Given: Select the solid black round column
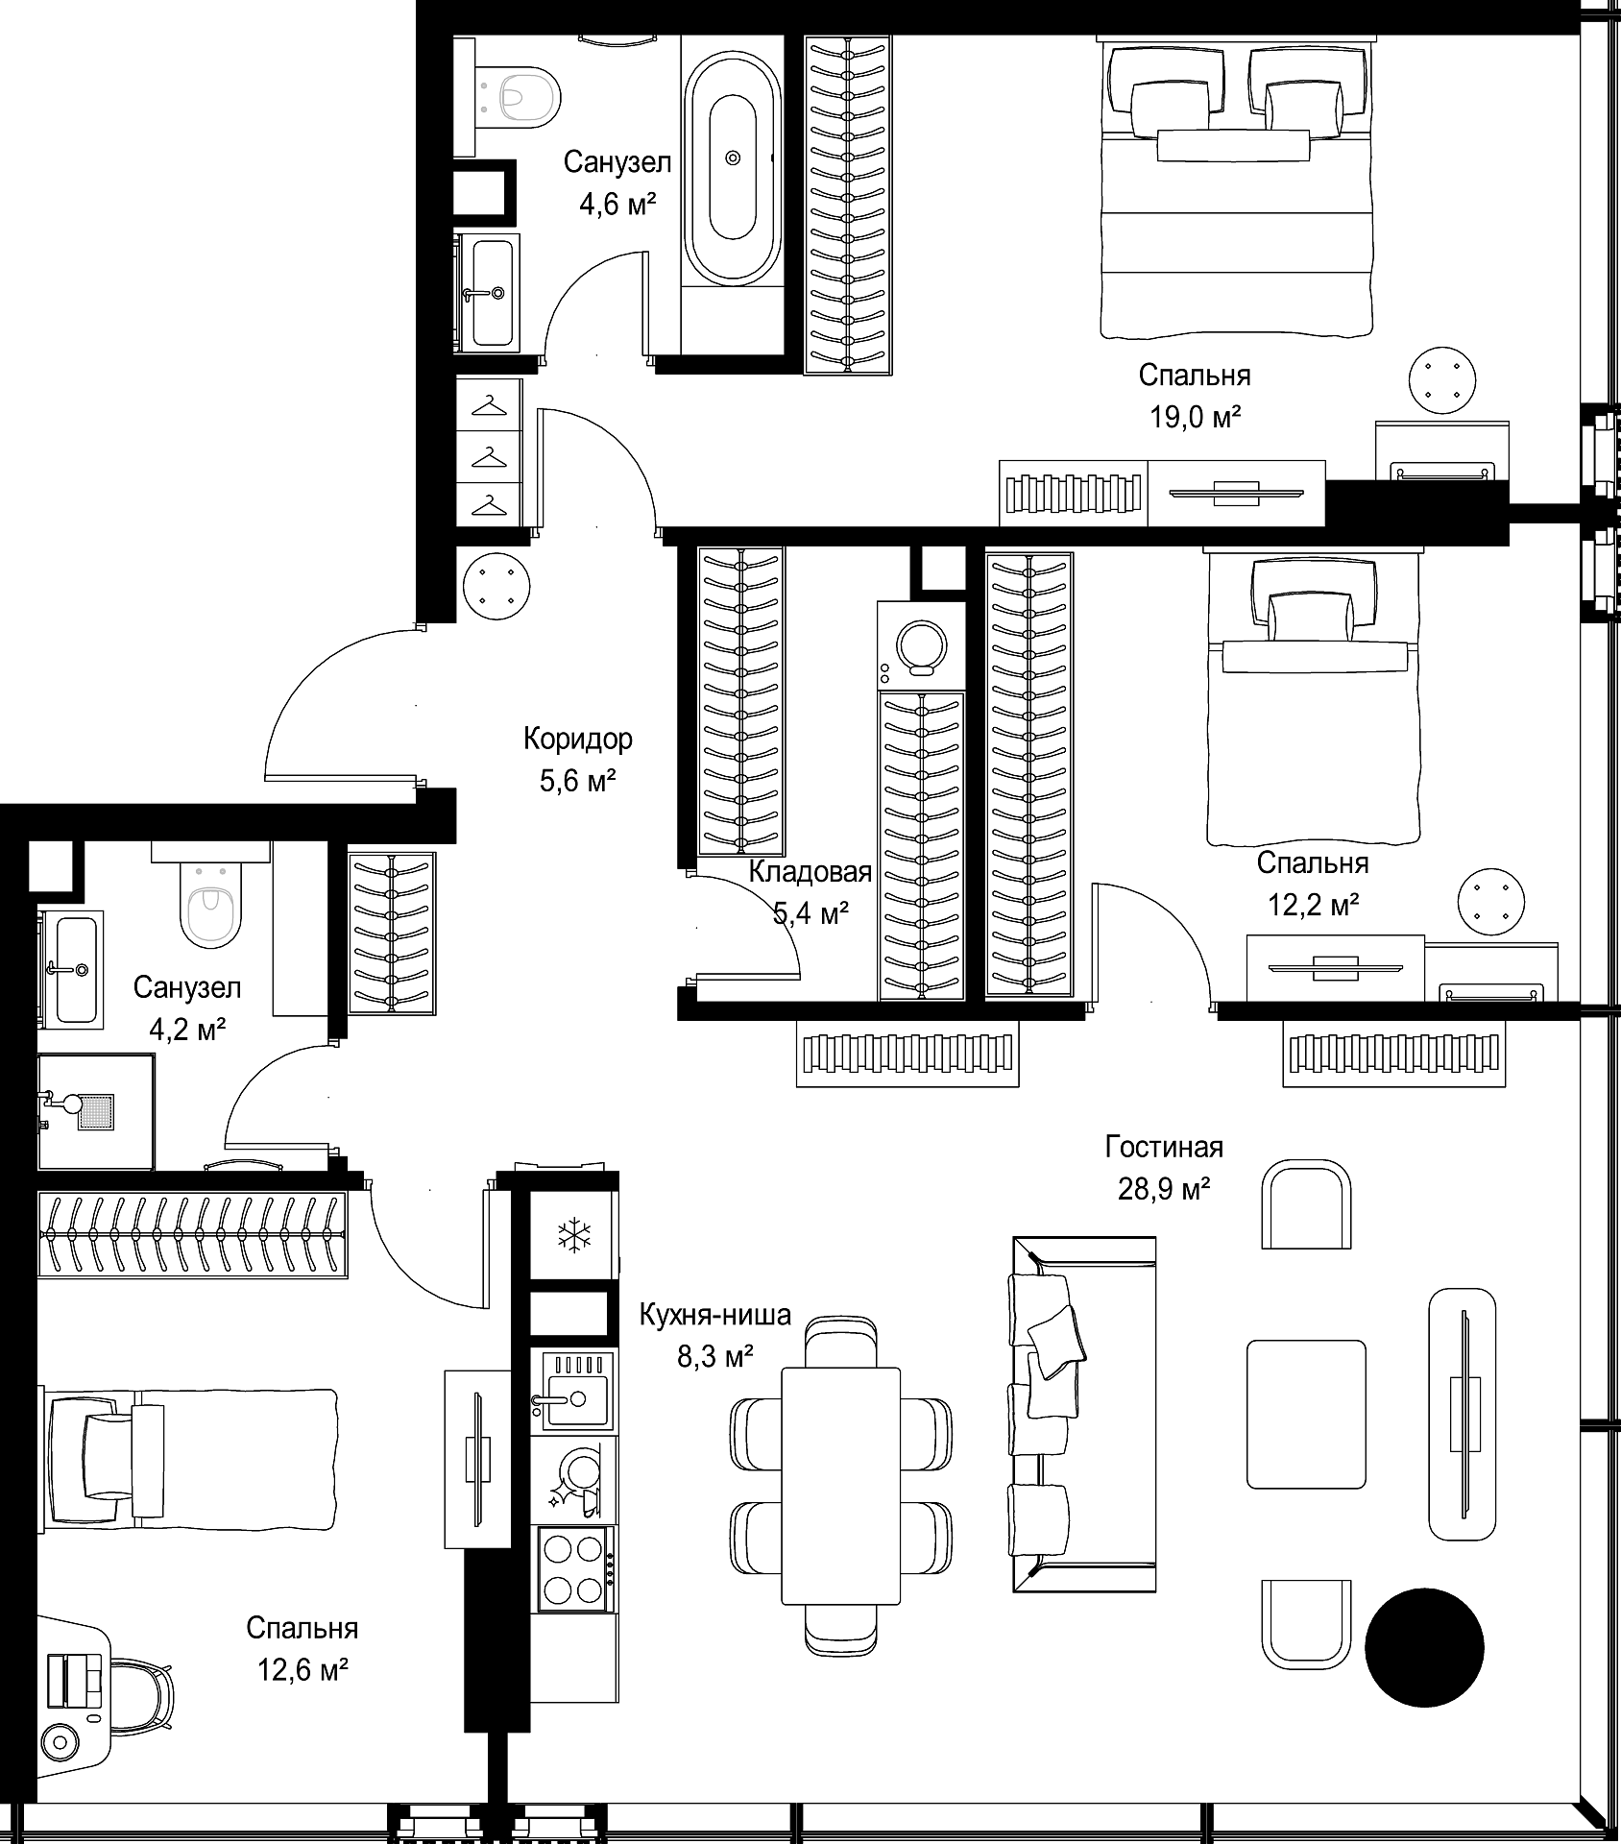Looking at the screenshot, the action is pyautogui.click(x=1424, y=1647).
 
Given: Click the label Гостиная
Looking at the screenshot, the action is pyautogui.click(x=1164, y=1147).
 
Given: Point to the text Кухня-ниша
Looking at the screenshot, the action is pyautogui.click(x=715, y=1314).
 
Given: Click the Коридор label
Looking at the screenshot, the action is pyautogui.click(x=578, y=739).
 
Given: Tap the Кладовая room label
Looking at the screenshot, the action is pyautogui.click(x=810, y=872).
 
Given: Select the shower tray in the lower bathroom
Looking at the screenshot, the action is pyautogui.click(x=96, y=1111).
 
